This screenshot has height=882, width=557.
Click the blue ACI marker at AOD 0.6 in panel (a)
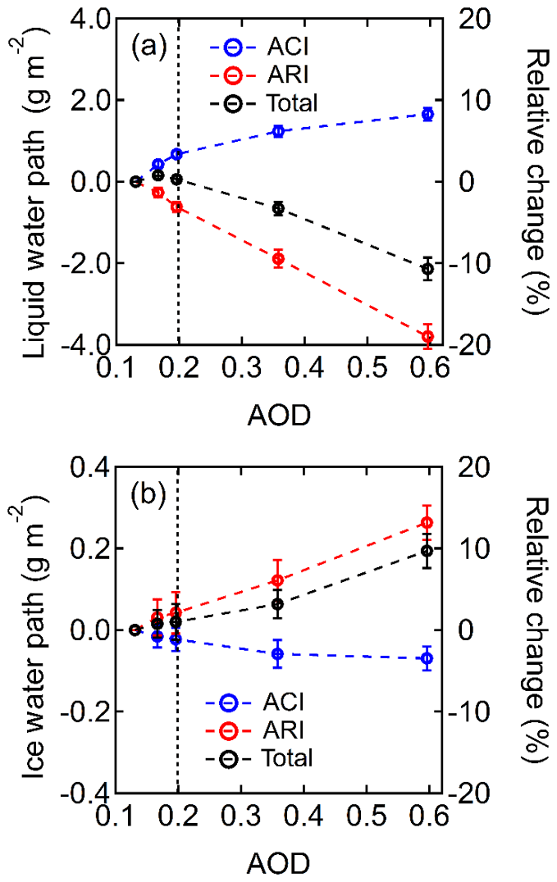click(427, 114)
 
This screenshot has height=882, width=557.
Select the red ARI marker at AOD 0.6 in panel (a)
click(427, 336)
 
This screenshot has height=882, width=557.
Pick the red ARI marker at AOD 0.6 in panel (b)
click(427, 523)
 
